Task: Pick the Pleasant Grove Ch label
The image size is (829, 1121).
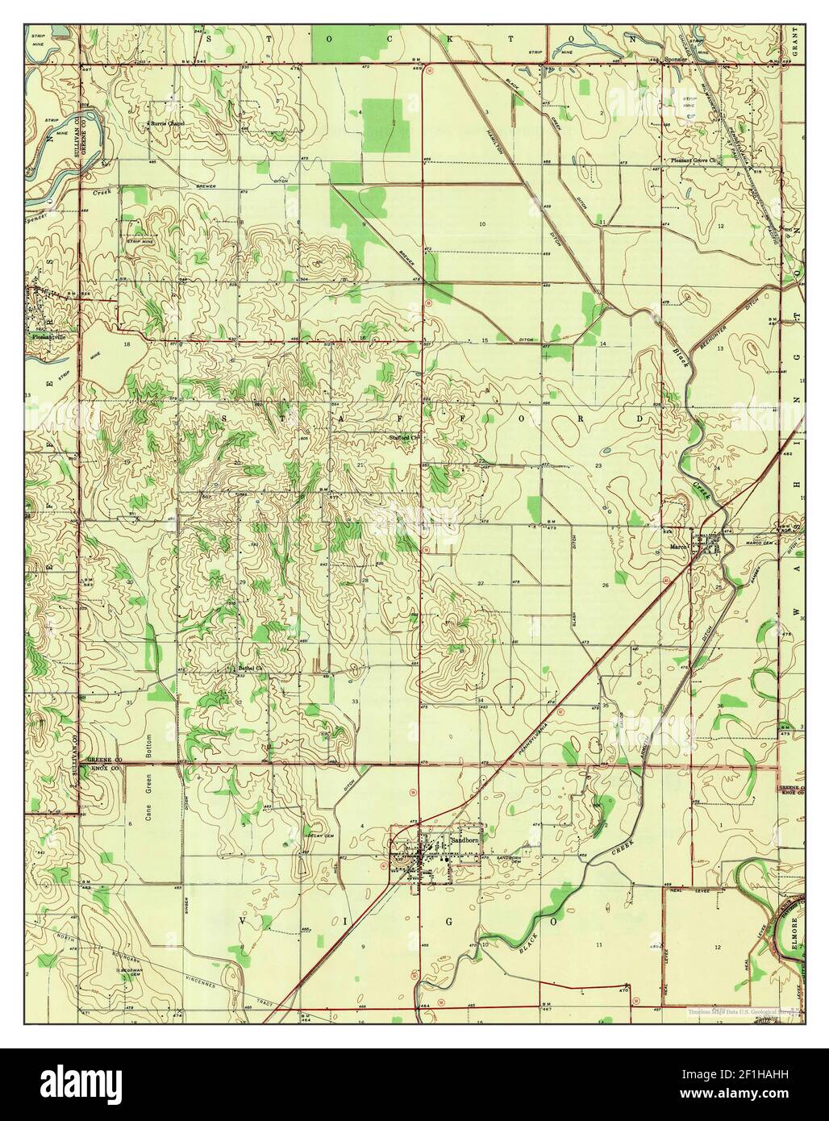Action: tap(695, 160)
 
